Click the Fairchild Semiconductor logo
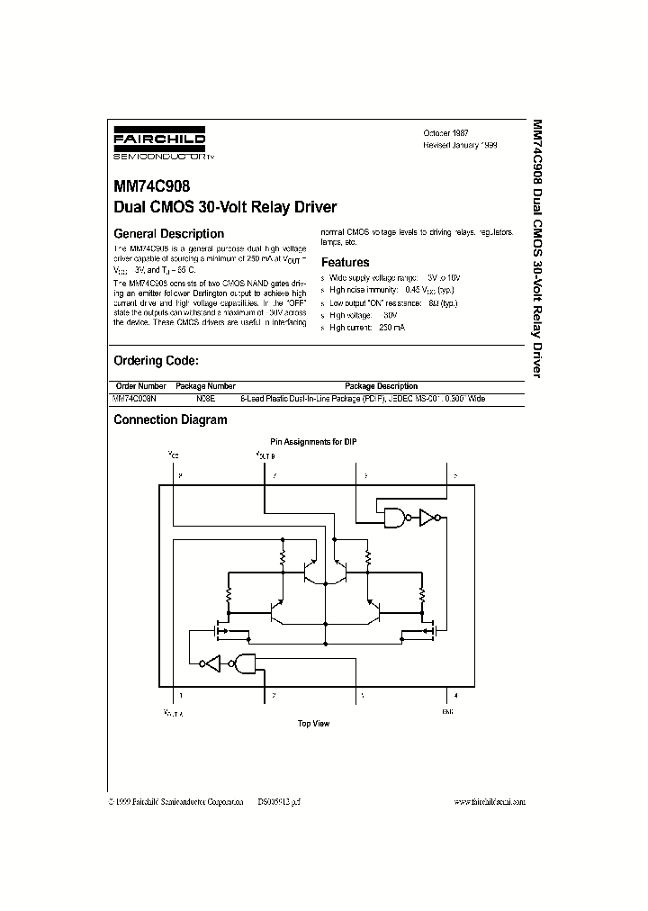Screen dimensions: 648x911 pos(164,144)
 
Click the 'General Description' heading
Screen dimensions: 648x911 pos(168,234)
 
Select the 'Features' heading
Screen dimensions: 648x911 pos(346,263)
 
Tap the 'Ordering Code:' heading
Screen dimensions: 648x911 pos(156,360)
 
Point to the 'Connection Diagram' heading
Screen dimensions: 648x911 pos(170,419)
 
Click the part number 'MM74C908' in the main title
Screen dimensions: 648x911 pos(151,190)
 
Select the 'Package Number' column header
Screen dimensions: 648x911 pos(210,386)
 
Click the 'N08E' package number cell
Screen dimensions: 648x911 pos(207,398)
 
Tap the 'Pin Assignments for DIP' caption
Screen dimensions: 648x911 pos(313,442)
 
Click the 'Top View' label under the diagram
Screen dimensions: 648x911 pos(314,724)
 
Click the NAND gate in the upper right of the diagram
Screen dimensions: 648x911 pos(393,518)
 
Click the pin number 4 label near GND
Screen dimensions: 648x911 pos(456,695)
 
